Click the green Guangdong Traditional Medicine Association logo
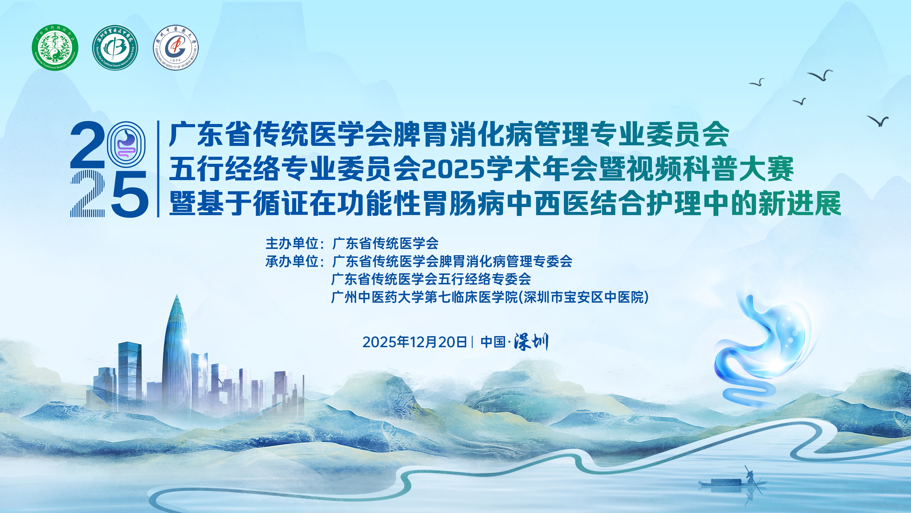pyautogui.click(x=55, y=47)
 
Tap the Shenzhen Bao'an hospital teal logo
pyautogui.click(x=115, y=47)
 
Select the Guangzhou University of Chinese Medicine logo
pyautogui.click(x=176, y=47)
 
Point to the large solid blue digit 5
pyautogui.click(x=130, y=194)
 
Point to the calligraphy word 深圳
pyautogui.click(x=531, y=342)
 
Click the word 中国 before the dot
pyautogui.click(x=493, y=342)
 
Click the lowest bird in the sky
pyautogui.click(x=878, y=121)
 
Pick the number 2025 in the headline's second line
pyautogui.click(x=453, y=170)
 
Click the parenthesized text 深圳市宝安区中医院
pyautogui.click(x=586, y=297)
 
